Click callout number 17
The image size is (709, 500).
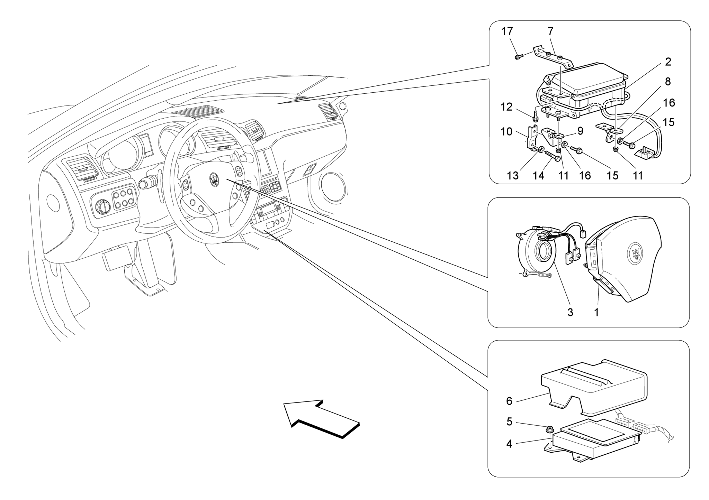[507, 31]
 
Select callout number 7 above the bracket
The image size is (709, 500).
[550, 31]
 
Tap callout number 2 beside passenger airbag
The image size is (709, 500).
[668, 62]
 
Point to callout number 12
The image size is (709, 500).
[506, 107]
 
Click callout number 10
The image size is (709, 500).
[506, 132]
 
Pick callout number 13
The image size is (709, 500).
[513, 176]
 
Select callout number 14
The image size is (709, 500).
[538, 176]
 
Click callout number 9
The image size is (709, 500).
[580, 131]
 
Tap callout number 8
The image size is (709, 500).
[668, 82]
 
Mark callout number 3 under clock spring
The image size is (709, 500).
[570, 312]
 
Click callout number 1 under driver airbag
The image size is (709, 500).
[596, 312]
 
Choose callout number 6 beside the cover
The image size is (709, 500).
[509, 401]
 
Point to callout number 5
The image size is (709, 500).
[509, 422]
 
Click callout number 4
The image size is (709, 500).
[509, 444]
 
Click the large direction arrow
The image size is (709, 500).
[322, 418]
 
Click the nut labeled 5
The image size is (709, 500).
[549, 430]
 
